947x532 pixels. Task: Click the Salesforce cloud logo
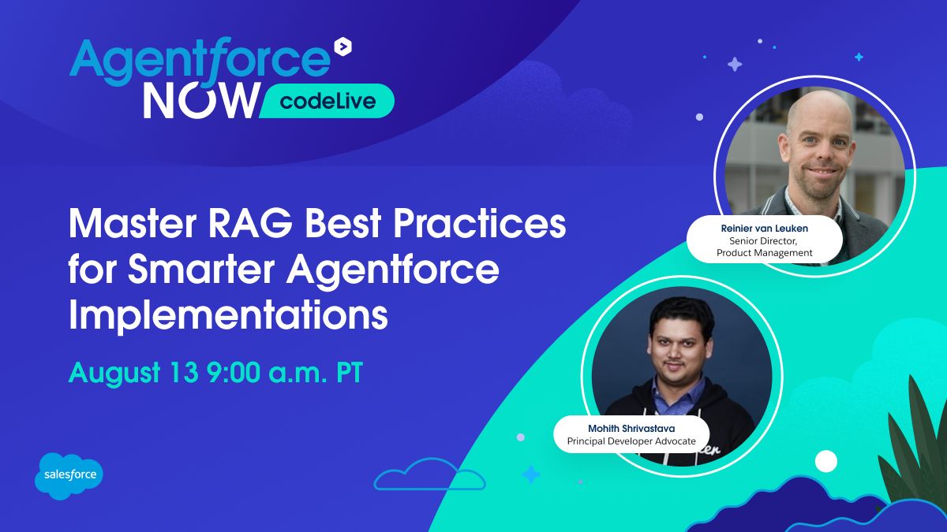point(69,475)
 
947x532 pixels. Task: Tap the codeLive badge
point(326,101)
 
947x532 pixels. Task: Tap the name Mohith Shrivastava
point(631,428)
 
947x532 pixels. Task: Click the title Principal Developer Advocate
point(631,441)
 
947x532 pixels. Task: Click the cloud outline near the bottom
point(429,477)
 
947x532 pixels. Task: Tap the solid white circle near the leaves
point(825,461)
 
